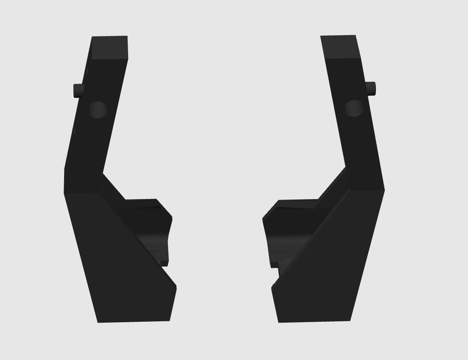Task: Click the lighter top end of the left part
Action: tap(109, 47)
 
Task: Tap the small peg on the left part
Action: tap(78, 90)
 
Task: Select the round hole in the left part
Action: tap(98, 110)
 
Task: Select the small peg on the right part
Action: tap(371, 88)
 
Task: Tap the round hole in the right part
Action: tap(353, 108)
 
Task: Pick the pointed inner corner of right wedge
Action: tap(273, 289)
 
